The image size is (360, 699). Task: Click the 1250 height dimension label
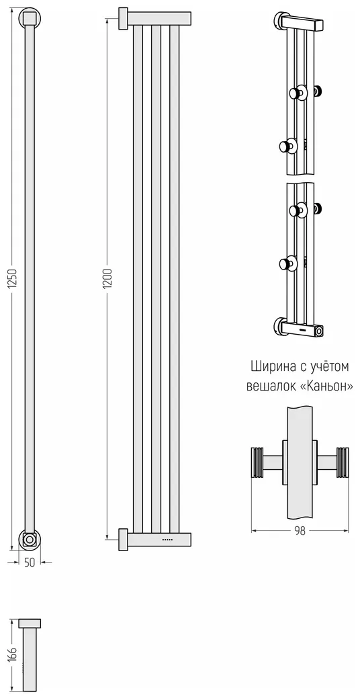pyautogui.click(x=13, y=280)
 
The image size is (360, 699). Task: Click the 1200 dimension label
pyautogui.click(x=109, y=280)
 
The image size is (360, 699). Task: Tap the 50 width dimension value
pyautogui.click(x=30, y=563)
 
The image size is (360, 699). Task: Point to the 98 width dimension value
pyautogui.click(x=300, y=532)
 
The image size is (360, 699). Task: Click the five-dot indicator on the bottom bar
pyautogui.click(x=167, y=540)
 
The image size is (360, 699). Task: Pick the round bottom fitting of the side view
pyautogui.click(x=30, y=539)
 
